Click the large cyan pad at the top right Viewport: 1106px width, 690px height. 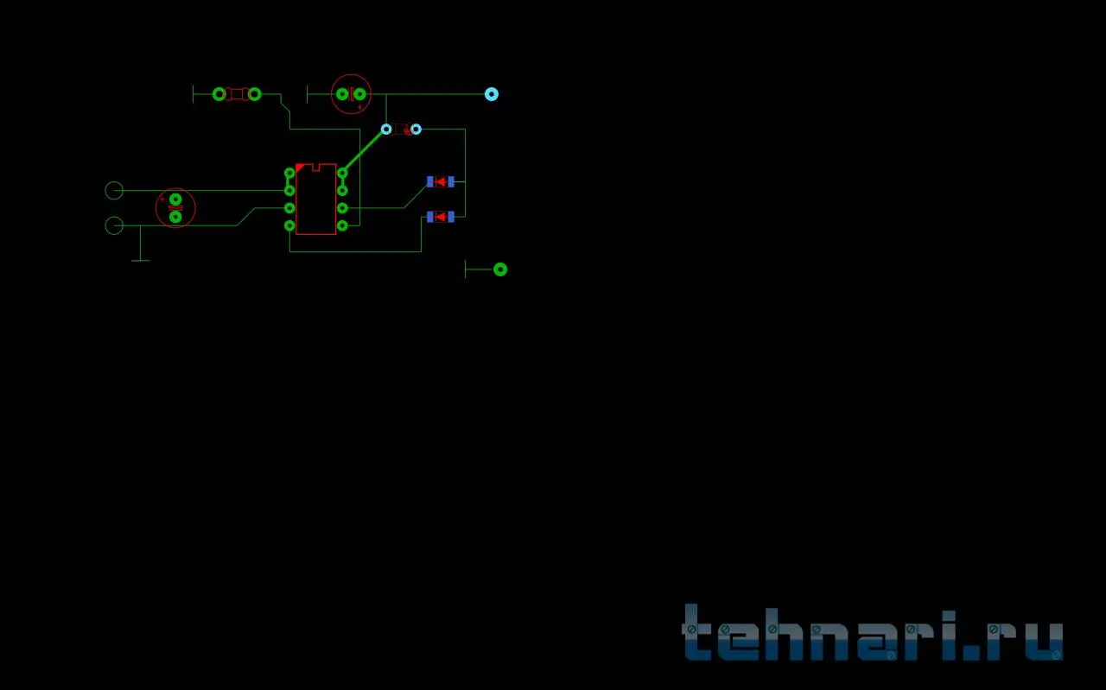[492, 94]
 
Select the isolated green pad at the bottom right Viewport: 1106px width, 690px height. [499, 269]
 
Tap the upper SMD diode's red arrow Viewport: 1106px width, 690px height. [440, 181]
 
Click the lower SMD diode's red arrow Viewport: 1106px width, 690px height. [440, 216]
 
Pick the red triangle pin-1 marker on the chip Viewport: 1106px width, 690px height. [299, 167]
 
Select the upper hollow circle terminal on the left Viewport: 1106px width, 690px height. [113, 190]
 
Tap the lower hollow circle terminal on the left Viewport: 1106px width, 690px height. [113, 225]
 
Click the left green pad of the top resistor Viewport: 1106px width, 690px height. [219, 93]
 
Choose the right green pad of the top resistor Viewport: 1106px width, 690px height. [254, 93]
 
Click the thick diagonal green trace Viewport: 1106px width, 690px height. [364, 150]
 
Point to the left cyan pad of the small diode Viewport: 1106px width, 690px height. [386, 130]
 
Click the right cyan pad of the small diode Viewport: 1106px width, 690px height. [416, 130]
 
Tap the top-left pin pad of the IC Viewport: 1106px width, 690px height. [289, 173]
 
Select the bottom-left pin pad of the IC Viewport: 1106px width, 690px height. [289, 225]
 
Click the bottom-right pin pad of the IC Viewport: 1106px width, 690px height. [342, 225]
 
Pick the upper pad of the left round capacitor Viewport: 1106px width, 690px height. [175, 199]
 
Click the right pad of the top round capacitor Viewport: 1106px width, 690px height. [359, 94]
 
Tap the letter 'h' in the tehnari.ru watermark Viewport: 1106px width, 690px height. [766, 636]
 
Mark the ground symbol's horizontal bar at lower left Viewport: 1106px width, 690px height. [140, 260]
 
